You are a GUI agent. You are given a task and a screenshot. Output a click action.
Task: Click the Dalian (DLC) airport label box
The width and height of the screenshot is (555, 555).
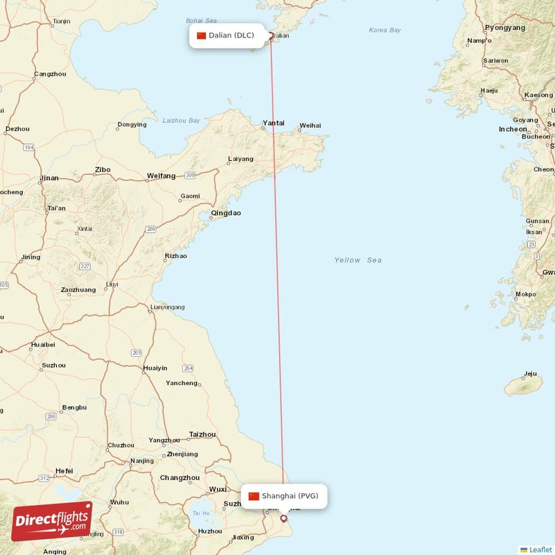click(x=228, y=35)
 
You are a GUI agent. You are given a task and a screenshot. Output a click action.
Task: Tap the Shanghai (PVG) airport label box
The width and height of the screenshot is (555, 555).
click(x=284, y=496)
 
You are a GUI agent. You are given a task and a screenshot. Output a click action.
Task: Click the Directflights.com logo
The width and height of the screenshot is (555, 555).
click(x=52, y=521)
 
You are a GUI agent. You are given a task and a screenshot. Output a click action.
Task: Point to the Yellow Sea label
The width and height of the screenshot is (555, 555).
click(x=358, y=260)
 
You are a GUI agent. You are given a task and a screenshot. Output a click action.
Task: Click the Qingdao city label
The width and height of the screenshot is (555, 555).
click(x=226, y=213)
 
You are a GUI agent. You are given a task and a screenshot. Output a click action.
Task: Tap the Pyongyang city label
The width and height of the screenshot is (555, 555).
click(x=505, y=28)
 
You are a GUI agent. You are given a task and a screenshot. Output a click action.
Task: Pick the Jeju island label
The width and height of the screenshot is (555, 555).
click(x=530, y=374)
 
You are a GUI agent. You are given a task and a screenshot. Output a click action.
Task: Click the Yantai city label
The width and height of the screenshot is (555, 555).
click(x=273, y=123)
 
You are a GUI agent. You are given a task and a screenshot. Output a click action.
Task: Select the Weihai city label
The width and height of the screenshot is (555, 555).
click(x=310, y=126)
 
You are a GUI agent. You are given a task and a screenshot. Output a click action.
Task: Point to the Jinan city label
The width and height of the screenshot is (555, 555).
click(x=49, y=178)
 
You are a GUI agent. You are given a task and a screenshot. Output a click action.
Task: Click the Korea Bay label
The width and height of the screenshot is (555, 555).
click(x=385, y=30)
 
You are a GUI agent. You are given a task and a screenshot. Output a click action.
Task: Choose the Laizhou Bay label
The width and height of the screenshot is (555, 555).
click(x=180, y=120)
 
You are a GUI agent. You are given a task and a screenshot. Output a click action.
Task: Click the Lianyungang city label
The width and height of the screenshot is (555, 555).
click(x=168, y=307)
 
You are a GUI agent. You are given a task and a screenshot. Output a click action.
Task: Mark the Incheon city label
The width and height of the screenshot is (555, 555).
click(x=513, y=129)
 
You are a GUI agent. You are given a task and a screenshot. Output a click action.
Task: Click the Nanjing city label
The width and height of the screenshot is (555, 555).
click(x=142, y=461)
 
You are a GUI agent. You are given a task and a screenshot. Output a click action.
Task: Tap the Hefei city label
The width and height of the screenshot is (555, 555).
click(x=64, y=471)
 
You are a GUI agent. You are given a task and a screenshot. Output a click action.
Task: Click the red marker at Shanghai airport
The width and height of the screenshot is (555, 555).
click(x=283, y=518)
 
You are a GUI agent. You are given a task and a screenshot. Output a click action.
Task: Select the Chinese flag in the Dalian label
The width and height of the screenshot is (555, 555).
click(x=201, y=35)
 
